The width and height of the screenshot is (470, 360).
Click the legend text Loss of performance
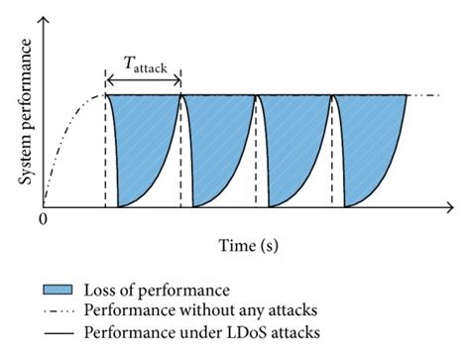157,290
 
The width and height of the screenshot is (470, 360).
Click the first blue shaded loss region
134,139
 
